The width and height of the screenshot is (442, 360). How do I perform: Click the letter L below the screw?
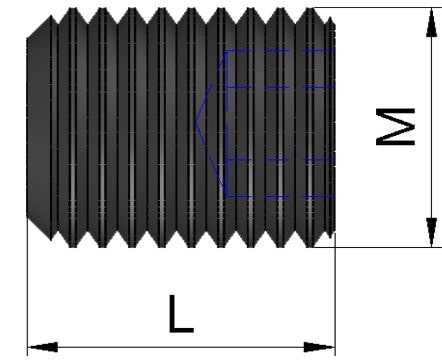click(x=181, y=314)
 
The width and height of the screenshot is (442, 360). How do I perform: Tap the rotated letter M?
click(x=395, y=127)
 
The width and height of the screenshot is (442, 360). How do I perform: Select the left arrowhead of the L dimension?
click(x=43, y=347)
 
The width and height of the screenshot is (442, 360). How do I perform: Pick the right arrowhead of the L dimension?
click(x=319, y=347)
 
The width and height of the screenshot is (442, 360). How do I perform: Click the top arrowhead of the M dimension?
click(x=432, y=23)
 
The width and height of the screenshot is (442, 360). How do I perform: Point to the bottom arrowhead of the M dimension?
click(x=432, y=232)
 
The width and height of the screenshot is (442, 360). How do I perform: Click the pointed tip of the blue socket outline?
click(x=195, y=124)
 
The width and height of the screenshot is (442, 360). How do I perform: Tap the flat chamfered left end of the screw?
click(x=28, y=128)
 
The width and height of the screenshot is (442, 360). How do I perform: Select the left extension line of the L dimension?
click(x=27, y=287)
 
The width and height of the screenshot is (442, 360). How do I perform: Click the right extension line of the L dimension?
click(x=335, y=294)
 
